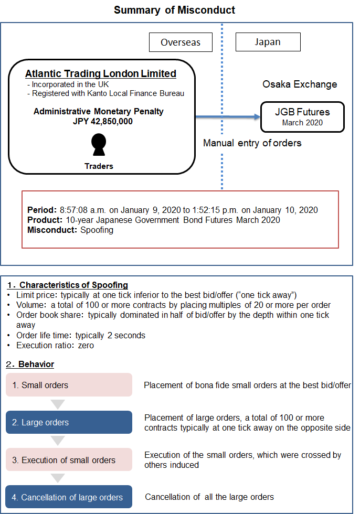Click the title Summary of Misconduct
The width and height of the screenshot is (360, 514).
tap(174, 10)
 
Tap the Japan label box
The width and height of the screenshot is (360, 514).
tap(268, 42)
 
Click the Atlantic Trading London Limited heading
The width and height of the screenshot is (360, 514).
tap(101, 74)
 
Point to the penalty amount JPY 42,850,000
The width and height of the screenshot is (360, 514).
tap(103, 121)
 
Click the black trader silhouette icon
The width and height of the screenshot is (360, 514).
tap(99, 145)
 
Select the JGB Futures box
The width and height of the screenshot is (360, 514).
tap(302, 116)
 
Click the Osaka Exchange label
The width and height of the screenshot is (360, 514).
tap(300, 84)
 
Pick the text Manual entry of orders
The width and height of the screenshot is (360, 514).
tap(252, 143)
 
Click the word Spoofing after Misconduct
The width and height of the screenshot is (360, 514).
tap(97, 230)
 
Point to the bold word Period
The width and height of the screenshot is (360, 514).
tap(40, 210)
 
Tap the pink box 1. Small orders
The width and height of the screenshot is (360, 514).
tap(69, 385)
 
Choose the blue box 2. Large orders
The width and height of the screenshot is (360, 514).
tap(69, 422)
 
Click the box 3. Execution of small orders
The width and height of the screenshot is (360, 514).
tap(69, 460)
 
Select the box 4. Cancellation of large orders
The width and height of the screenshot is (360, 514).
tap(69, 497)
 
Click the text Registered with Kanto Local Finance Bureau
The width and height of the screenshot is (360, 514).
tap(108, 94)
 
